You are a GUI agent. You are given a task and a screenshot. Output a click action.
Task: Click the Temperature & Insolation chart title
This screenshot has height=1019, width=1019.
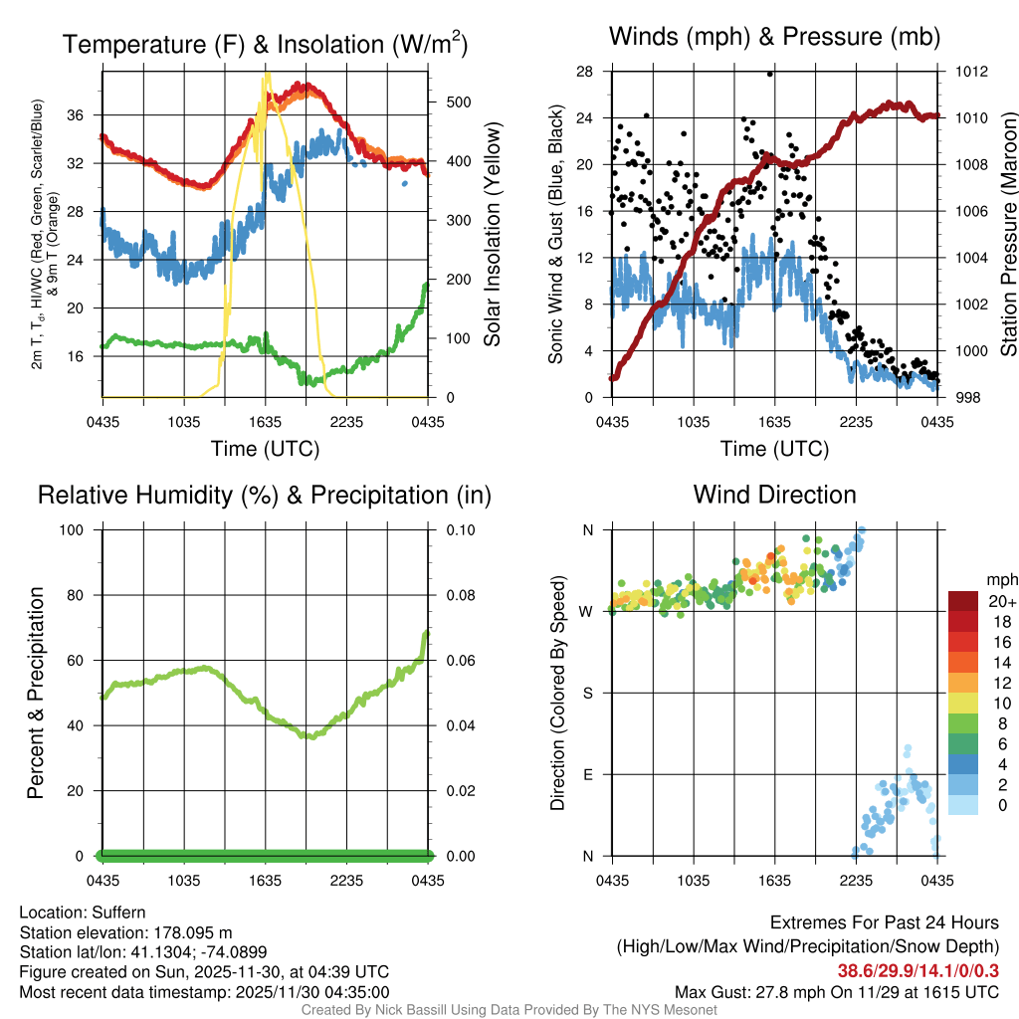click(266, 44)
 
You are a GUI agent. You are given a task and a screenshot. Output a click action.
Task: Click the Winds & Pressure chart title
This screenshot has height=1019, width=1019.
click(775, 37)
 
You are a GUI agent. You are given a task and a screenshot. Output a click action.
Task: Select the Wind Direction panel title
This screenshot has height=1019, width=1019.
click(774, 495)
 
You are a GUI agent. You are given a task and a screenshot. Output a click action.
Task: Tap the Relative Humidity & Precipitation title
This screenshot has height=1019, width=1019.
click(264, 495)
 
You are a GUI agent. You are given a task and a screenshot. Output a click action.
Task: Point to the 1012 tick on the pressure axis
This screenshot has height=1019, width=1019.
click(970, 72)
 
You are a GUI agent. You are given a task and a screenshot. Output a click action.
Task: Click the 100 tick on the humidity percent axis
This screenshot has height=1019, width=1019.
click(80, 530)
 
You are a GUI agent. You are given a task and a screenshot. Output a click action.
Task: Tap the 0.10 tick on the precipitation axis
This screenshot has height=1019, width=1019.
click(460, 530)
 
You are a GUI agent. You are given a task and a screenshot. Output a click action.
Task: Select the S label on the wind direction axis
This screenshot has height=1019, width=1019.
click(588, 694)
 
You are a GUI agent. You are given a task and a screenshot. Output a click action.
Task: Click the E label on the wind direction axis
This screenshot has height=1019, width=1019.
click(588, 775)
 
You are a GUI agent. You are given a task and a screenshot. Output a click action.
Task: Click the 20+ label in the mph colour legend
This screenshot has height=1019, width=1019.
click(1001, 602)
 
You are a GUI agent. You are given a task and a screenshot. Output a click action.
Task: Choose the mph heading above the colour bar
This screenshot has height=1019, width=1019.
click(1000, 580)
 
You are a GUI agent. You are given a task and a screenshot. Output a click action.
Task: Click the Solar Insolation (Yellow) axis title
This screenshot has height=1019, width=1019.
click(493, 235)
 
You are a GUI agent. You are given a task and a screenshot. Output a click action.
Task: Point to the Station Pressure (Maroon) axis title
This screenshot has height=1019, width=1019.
click(1007, 235)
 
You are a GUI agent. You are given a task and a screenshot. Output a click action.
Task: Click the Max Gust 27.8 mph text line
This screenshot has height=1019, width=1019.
click(837, 991)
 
